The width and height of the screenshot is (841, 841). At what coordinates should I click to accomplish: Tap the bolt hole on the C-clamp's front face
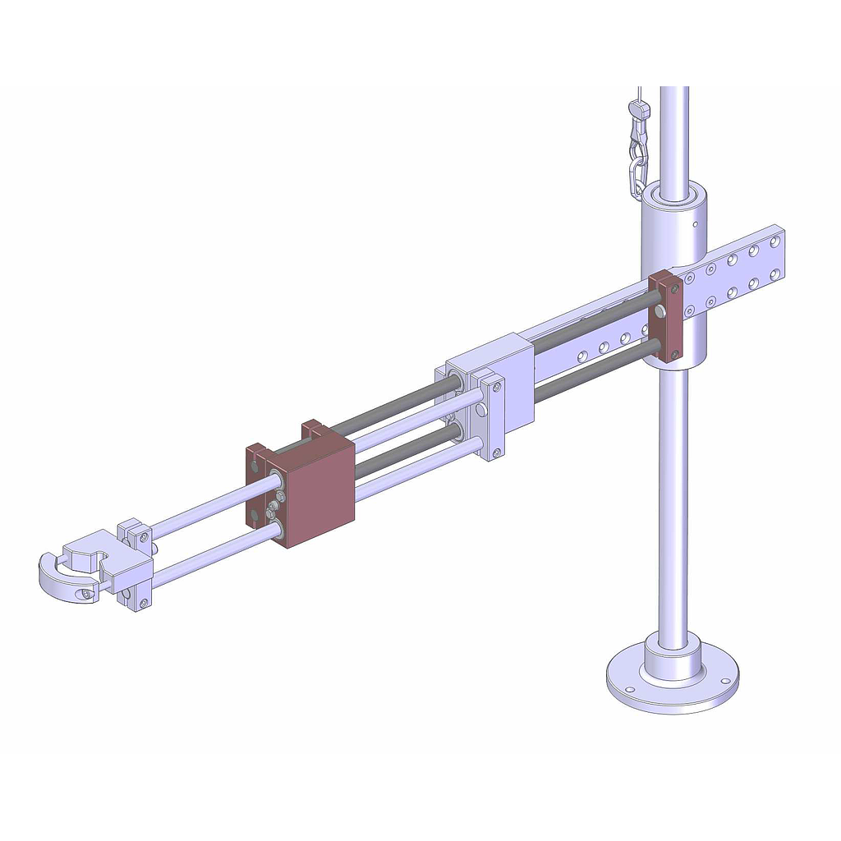coord(82,592)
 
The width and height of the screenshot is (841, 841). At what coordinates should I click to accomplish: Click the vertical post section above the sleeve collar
coord(673,131)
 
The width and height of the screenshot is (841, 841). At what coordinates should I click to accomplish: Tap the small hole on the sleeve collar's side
coord(695,223)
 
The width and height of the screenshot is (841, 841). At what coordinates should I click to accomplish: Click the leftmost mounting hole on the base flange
coord(629,689)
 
